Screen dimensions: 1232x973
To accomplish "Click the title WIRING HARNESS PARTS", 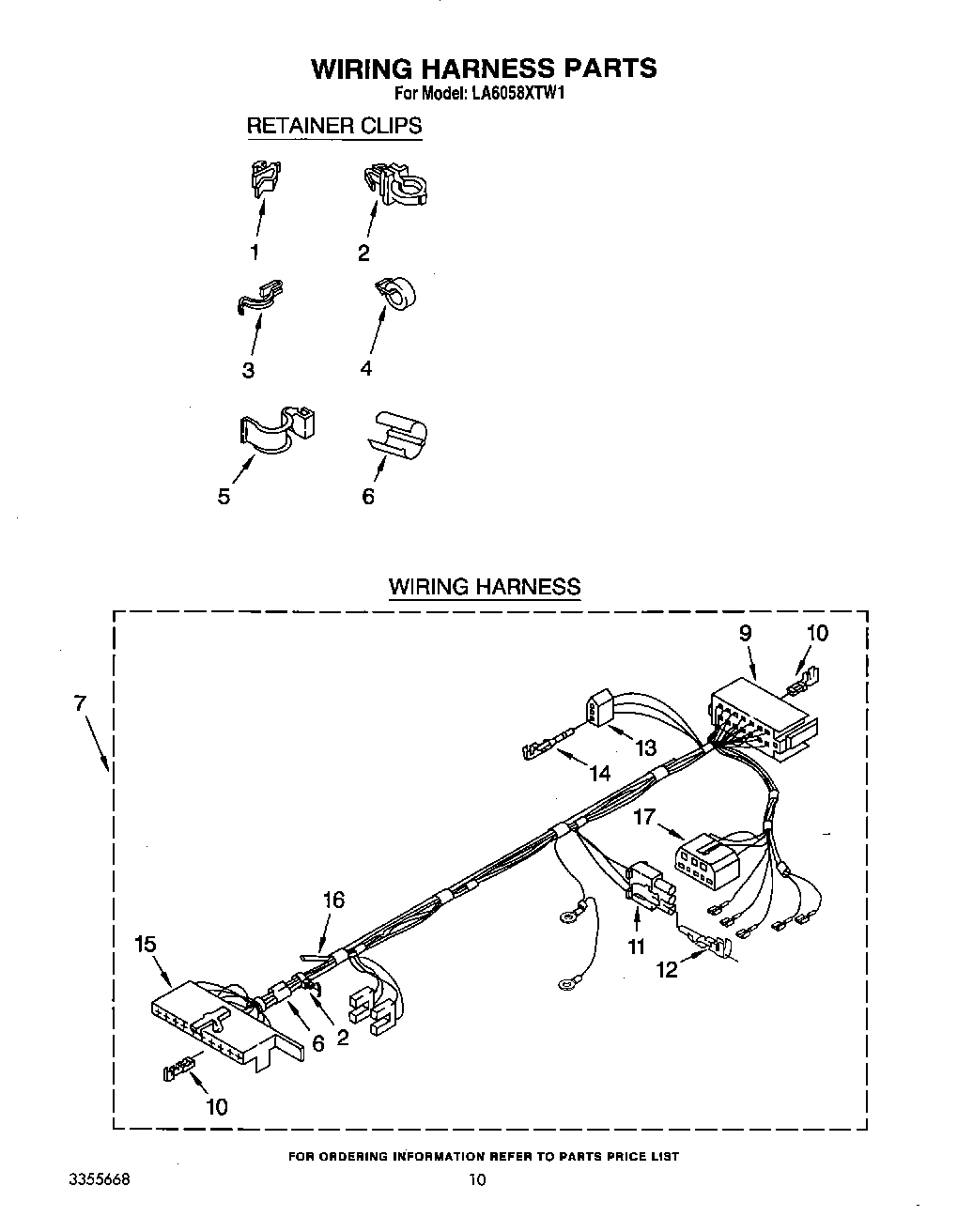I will tap(484, 69).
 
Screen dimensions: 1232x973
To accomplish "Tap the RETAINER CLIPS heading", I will tap(333, 126).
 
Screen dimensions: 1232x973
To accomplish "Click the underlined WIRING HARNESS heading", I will tap(485, 588).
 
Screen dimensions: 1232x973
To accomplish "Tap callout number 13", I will tap(645, 747).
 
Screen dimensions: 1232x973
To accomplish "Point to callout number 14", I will tap(599, 774).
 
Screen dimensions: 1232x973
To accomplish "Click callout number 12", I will tap(667, 970).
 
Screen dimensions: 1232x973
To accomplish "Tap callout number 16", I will tap(333, 901).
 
